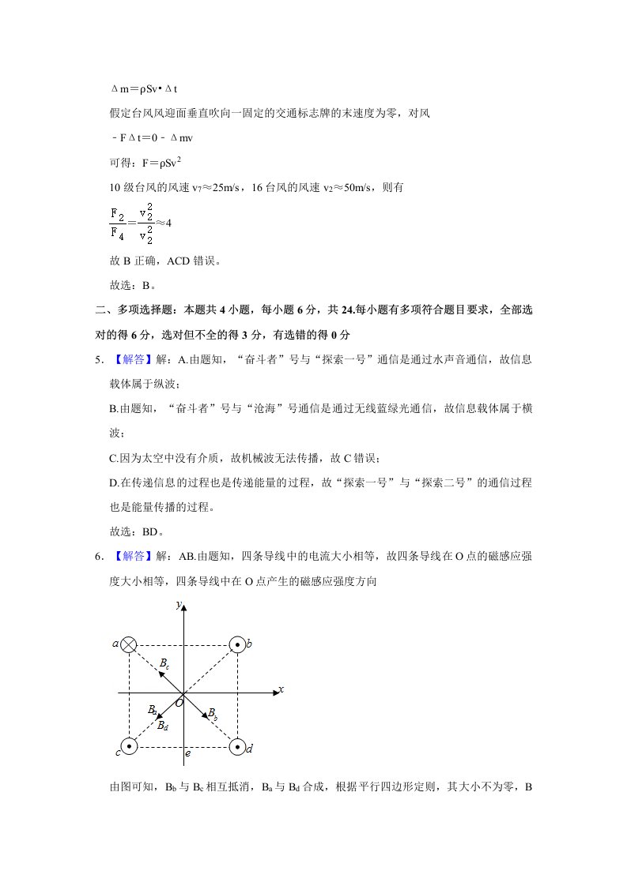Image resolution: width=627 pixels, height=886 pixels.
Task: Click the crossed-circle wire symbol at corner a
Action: (129, 644)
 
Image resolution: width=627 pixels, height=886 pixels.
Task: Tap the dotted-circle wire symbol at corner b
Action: (237, 644)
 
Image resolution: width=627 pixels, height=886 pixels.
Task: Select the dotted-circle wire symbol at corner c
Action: (129, 745)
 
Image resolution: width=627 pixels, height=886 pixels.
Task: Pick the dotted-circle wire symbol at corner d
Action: (237, 745)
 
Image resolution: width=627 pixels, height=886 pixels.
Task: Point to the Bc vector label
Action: (164, 664)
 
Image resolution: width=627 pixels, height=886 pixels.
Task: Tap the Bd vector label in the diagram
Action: (161, 725)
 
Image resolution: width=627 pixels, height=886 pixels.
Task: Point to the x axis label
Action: (281, 689)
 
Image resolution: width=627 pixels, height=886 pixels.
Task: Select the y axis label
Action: (179, 605)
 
